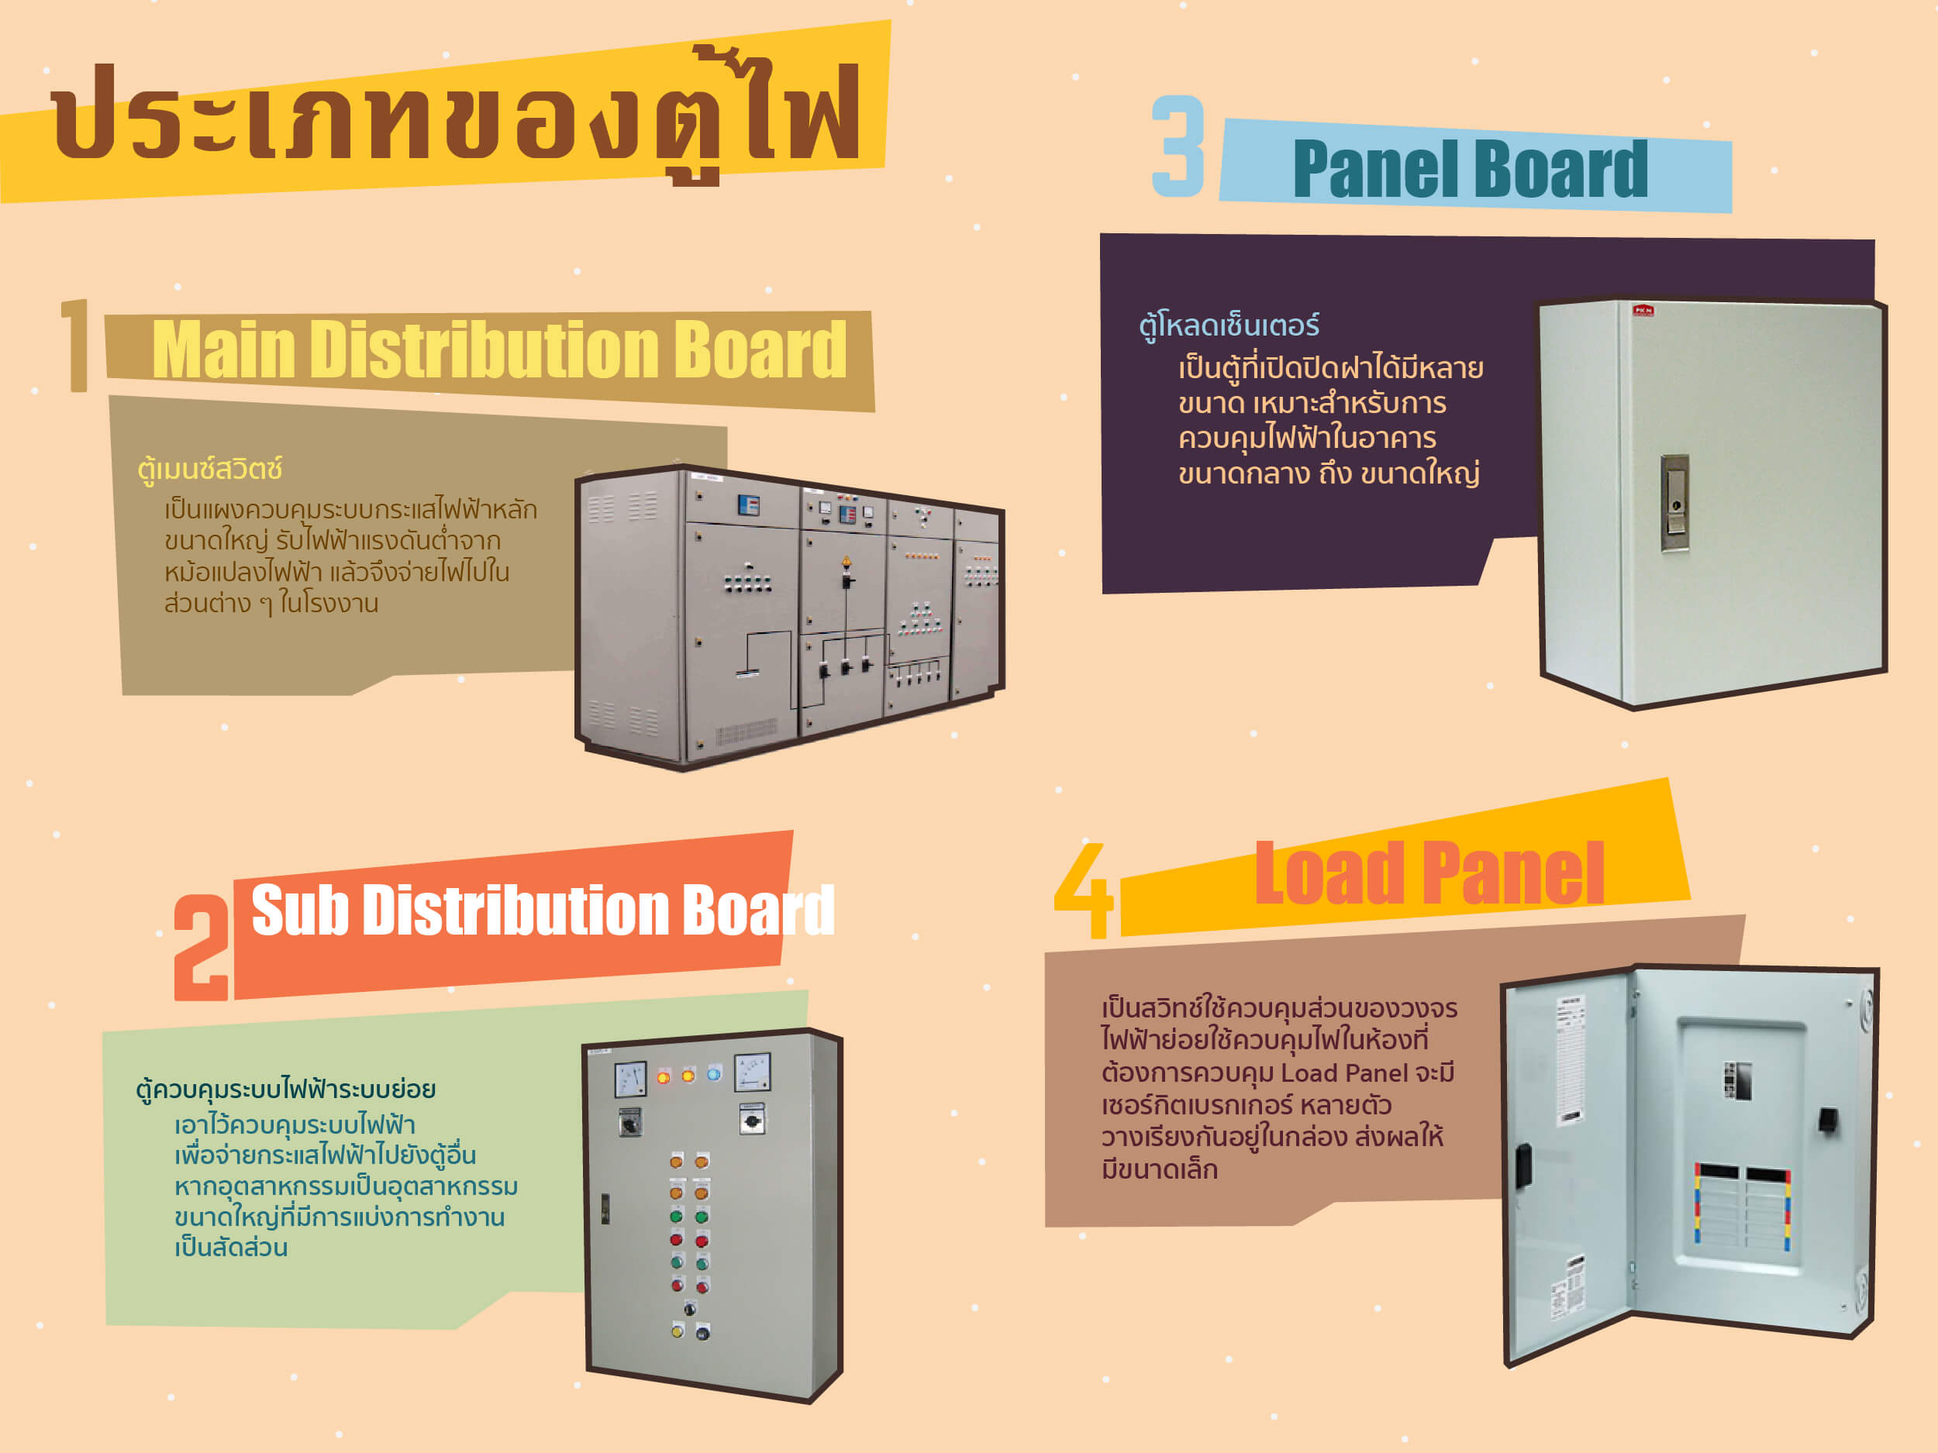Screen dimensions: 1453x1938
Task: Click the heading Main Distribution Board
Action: pyautogui.click(x=499, y=350)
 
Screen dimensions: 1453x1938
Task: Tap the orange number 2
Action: pyautogui.click(x=201, y=947)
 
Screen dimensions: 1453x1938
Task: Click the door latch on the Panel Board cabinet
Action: pyautogui.click(x=1674, y=503)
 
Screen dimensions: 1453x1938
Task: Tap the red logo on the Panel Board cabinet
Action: pyautogui.click(x=1643, y=310)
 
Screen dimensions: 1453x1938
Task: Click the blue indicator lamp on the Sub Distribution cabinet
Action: pyautogui.click(x=714, y=1075)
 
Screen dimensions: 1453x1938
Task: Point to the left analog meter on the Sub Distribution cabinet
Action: pyautogui.click(x=630, y=1079)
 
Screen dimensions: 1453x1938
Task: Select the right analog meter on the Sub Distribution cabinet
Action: pyautogui.click(x=752, y=1072)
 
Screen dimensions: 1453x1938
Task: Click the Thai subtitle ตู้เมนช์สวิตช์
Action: pyautogui.click(x=210, y=470)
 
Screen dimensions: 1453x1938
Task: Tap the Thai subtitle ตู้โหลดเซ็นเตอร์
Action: pyautogui.click(x=1229, y=325)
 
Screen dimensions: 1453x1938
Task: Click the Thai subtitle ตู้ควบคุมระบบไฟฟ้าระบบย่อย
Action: pyautogui.click(x=285, y=1090)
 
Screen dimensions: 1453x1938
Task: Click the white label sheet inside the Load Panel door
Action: pyautogui.click(x=1570, y=1060)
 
